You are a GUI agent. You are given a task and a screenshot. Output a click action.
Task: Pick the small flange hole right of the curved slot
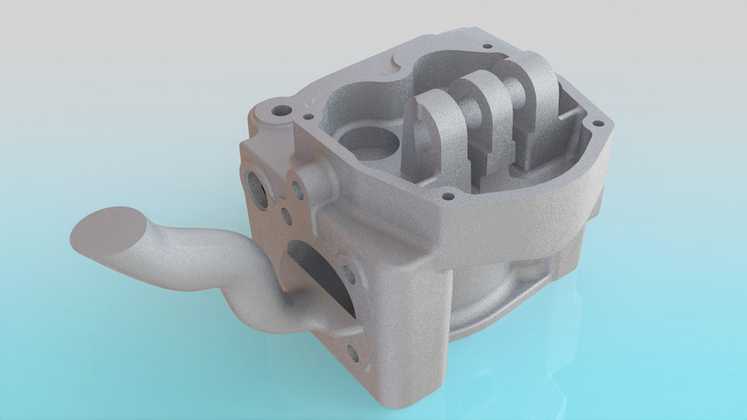point(350,274)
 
